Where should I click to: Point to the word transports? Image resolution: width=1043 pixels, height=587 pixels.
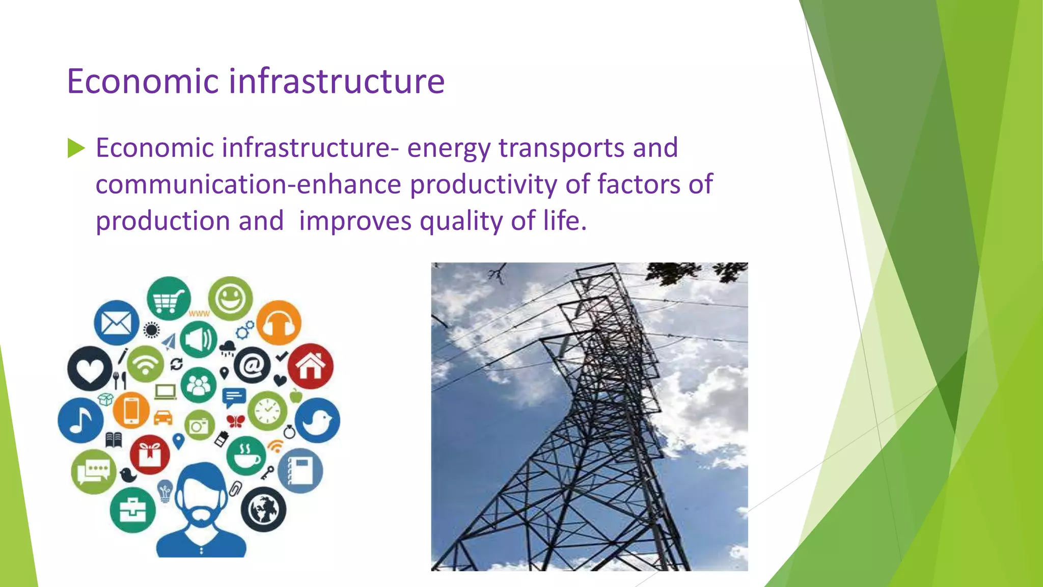pyautogui.click(x=561, y=149)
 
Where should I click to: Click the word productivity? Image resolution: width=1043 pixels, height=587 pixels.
pyautogui.click(x=483, y=185)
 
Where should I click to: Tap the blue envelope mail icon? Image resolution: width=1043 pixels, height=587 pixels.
pyautogui.click(x=117, y=323)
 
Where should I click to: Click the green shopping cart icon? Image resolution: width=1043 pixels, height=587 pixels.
pyautogui.click(x=169, y=299)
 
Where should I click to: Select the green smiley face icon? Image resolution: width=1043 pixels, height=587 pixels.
pyautogui.click(x=230, y=299)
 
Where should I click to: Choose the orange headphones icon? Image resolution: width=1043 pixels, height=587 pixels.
pyautogui.click(x=279, y=323)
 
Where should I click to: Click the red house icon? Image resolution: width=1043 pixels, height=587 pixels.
pyautogui.click(x=311, y=366)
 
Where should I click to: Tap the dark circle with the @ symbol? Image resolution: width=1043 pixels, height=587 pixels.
pyautogui.click(x=253, y=365)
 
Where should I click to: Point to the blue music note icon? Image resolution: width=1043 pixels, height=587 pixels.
pyautogui.click(x=80, y=420)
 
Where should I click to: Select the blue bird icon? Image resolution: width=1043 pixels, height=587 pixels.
pyautogui.click(x=317, y=420)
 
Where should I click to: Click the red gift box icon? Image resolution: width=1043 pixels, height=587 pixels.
pyautogui.click(x=150, y=454)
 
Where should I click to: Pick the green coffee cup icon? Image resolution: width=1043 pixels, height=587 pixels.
pyautogui.click(x=246, y=456)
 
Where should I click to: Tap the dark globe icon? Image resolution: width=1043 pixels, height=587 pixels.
pyautogui.click(x=263, y=510)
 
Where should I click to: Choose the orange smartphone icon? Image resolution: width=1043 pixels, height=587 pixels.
pyautogui.click(x=131, y=410)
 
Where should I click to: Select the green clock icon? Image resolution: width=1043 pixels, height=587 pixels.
pyautogui.click(x=267, y=411)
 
